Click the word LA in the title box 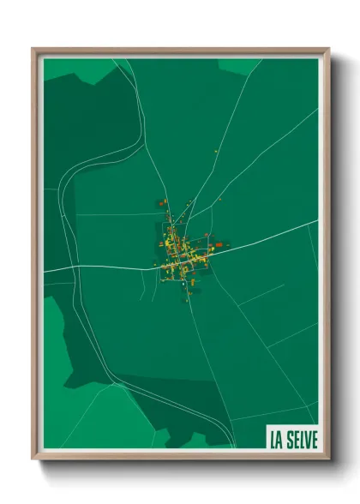[x=276, y=440]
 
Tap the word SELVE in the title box [x=302, y=440]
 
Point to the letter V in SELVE [x=306, y=440]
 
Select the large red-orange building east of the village [x=219, y=245]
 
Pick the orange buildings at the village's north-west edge [x=162, y=203]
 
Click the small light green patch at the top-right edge [x=240, y=65]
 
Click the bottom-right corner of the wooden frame [x=328, y=458]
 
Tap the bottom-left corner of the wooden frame [x=33, y=458]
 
